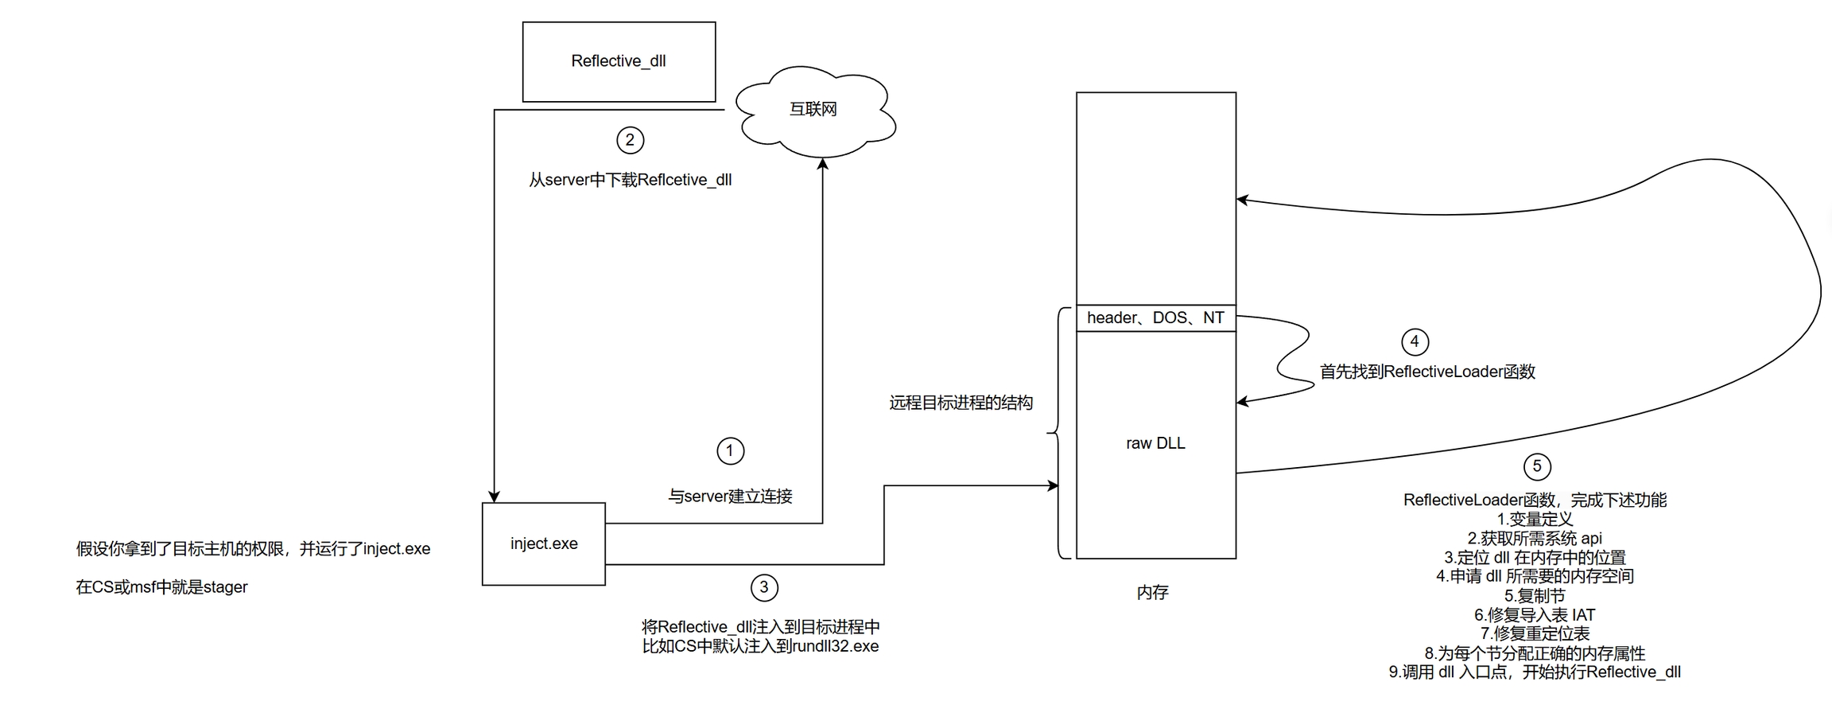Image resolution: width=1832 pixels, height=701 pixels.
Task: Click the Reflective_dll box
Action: click(619, 61)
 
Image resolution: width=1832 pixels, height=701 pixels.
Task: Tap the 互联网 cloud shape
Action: click(813, 109)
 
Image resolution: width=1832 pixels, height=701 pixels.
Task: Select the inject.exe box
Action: click(544, 543)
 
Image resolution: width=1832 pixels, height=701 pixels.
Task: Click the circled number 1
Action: click(730, 450)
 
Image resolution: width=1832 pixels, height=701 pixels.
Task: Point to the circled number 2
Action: click(630, 141)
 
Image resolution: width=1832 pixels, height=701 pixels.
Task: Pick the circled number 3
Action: click(764, 588)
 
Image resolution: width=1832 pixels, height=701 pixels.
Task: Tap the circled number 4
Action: click(1415, 342)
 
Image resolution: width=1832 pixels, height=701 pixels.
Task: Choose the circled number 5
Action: click(1537, 466)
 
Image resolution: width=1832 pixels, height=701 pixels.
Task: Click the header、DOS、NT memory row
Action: click(1155, 317)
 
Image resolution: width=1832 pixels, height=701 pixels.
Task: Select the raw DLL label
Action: click(1155, 443)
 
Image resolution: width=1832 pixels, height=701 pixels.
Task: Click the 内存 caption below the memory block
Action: click(1152, 592)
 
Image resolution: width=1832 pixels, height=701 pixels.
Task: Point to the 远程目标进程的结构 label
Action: click(961, 403)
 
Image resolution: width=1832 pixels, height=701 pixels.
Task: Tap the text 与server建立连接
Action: click(730, 497)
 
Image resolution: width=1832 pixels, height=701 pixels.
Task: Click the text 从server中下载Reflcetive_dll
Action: click(630, 180)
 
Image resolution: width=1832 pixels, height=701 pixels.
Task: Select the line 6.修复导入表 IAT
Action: click(1535, 615)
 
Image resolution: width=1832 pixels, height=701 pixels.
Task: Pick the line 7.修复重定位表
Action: click(1535, 634)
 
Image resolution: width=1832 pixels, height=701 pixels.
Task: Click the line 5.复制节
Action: click(1535, 596)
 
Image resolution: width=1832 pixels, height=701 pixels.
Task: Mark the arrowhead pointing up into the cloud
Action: click(823, 164)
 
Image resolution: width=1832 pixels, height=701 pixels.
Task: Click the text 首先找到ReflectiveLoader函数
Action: click(1427, 372)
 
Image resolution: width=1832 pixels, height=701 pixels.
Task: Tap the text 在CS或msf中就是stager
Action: click(162, 587)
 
